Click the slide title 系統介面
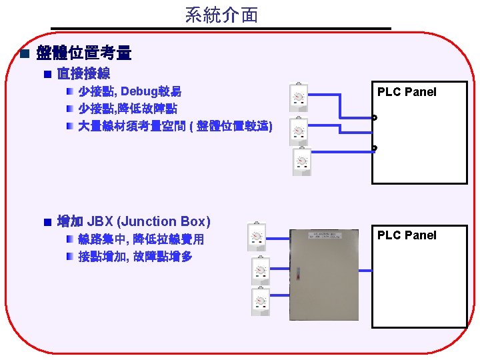pos(221,15)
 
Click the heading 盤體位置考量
pos(84,53)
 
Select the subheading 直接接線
pos(83,73)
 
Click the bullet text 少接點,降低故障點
pos(127,108)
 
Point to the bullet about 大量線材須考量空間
pos(175,125)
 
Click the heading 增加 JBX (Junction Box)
pos(133,221)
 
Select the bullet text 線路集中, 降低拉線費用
pos(141,239)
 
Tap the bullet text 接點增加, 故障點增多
pos(135,256)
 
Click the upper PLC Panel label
pos(407,92)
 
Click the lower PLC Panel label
pos(407,235)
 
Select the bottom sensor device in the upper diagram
pos(302,161)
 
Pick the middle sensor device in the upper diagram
pos(299,131)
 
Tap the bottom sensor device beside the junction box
pos(261,302)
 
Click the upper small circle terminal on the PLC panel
pos(375,118)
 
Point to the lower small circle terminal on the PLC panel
pos(375,147)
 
